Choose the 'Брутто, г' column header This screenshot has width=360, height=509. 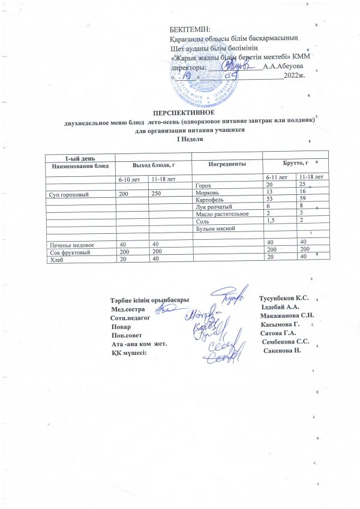[295, 163]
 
